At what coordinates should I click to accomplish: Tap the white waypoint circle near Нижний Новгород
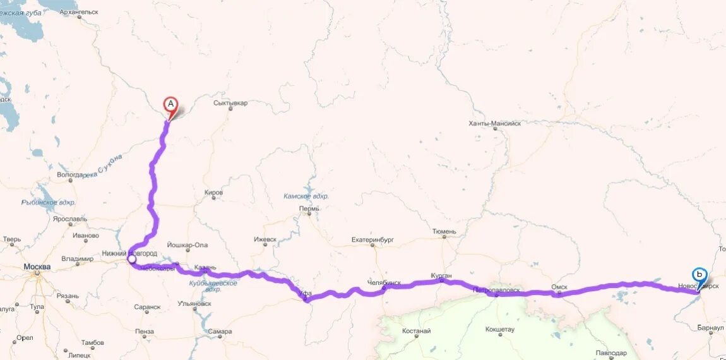click(x=132, y=259)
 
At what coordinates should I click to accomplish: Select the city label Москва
click(x=37, y=267)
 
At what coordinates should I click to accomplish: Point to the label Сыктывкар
click(x=230, y=102)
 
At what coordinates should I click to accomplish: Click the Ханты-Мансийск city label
click(x=495, y=124)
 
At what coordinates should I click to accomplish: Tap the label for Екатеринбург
click(x=372, y=240)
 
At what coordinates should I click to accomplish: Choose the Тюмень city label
click(x=444, y=232)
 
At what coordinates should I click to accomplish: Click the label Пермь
click(x=309, y=209)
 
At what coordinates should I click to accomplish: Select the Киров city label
click(x=214, y=193)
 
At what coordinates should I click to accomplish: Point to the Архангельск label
click(x=78, y=11)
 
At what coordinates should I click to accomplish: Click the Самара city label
click(x=219, y=332)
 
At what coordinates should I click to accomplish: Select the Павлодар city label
click(x=610, y=353)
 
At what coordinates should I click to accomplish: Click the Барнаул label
click(x=710, y=328)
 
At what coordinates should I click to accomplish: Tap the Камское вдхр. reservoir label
click(x=306, y=196)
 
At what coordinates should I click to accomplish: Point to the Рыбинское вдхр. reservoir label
click(x=49, y=202)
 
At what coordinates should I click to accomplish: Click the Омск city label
click(x=559, y=287)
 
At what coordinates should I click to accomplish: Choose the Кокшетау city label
click(x=500, y=330)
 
